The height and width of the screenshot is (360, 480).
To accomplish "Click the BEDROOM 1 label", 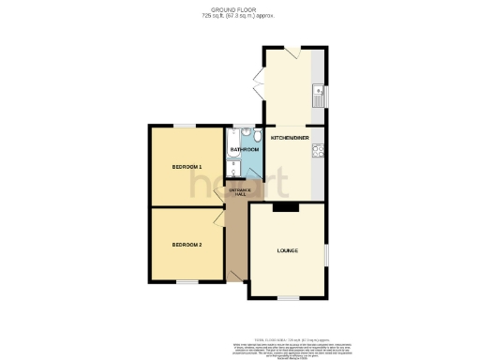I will pyautogui.click(x=187, y=167).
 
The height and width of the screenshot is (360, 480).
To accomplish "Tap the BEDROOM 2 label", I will pyautogui.click(x=187, y=245).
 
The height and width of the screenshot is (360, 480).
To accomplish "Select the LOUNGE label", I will pyautogui.click(x=287, y=251).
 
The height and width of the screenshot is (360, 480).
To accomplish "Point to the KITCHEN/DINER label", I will pyautogui.click(x=290, y=138).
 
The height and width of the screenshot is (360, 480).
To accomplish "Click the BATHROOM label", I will pyautogui.click(x=244, y=148).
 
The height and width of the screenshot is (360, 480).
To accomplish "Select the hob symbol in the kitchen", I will pyautogui.click(x=319, y=149).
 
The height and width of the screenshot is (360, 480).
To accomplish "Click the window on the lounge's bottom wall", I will pyautogui.click(x=287, y=298).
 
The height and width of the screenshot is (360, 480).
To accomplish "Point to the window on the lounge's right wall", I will pyautogui.click(x=325, y=253).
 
